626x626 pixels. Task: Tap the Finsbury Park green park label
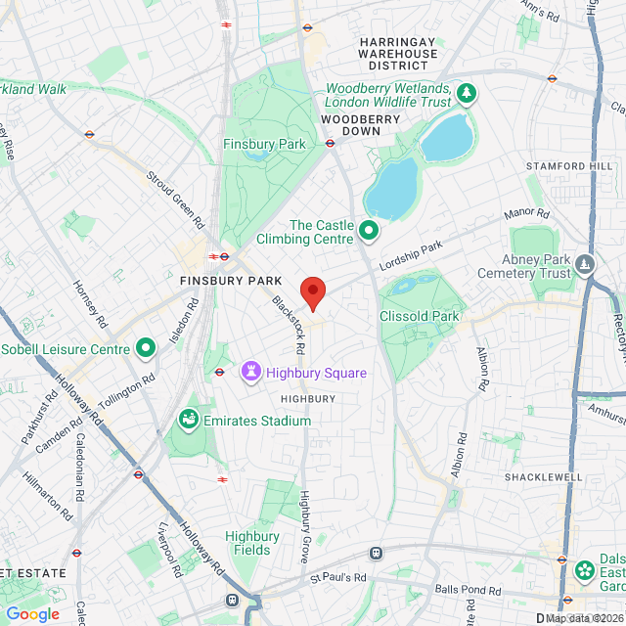click(x=264, y=145)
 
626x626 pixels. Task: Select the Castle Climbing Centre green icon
click(x=369, y=231)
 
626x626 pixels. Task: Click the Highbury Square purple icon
click(x=251, y=373)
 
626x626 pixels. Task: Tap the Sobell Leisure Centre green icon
click(x=146, y=348)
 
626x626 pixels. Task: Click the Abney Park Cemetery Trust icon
click(x=585, y=263)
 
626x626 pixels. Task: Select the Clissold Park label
click(x=420, y=317)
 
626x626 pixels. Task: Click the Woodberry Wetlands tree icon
click(x=469, y=94)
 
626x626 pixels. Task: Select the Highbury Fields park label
click(x=252, y=543)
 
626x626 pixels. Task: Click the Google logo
click(x=32, y=613)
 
